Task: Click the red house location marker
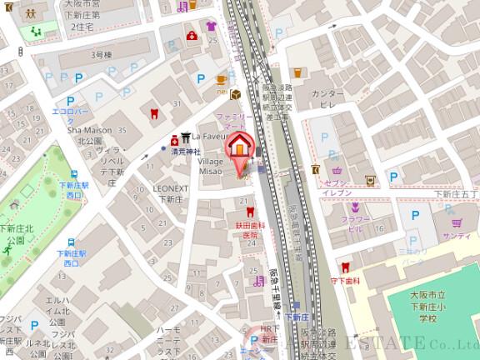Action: click(x=239, y=144)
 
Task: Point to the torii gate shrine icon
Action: click(x=176, y=139)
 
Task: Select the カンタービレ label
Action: click(x=327, y=100)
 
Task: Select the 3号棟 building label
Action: click(x=101, y=55)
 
